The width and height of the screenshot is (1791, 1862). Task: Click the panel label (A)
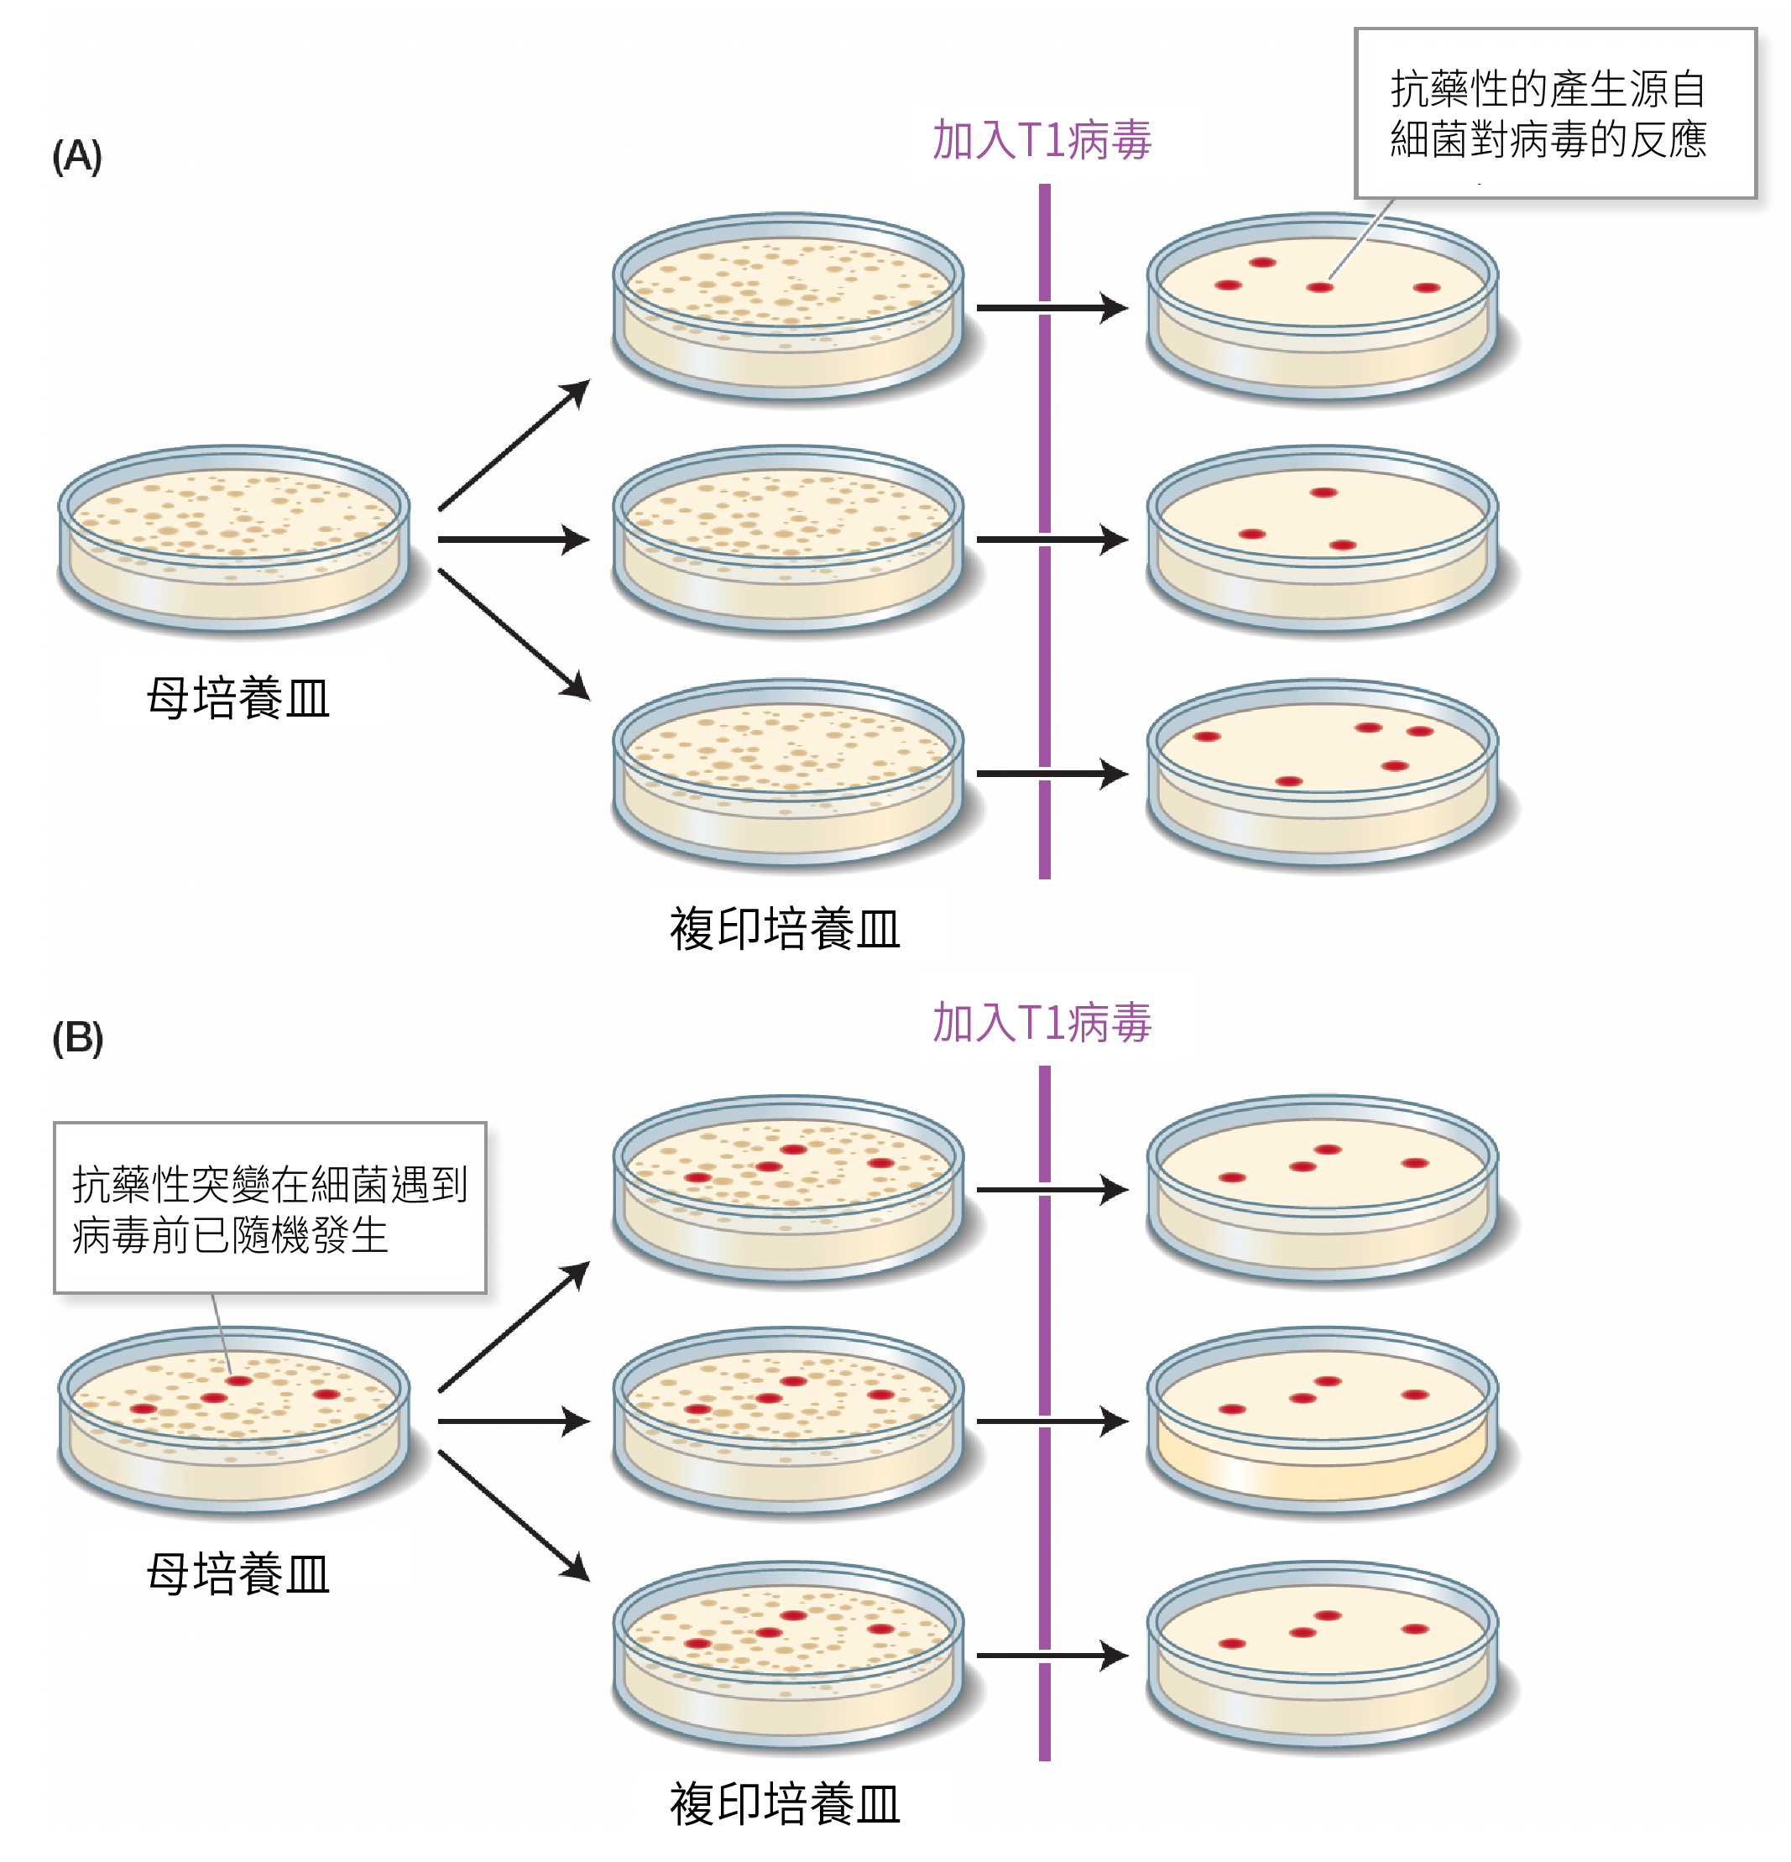point(77,156)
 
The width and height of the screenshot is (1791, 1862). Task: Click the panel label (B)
point(77,1037)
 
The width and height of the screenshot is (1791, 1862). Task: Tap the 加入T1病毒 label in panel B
point(1042,1023)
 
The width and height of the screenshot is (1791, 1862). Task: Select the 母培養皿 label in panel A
point(238,698)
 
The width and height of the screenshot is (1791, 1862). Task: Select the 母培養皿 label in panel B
point(238,1574)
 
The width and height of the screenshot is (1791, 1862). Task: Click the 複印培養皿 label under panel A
point(785,929)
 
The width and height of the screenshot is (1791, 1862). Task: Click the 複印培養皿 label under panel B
point(785,1804)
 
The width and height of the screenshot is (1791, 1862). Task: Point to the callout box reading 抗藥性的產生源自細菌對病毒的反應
point(1554,114)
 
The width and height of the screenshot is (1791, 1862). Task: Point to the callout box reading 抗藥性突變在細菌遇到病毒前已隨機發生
point(270,1207)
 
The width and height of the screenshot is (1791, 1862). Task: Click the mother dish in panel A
point(233,537)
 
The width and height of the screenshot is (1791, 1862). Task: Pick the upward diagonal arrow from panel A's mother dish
point(514,445)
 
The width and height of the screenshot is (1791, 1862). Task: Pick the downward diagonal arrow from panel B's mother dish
point(514,1515)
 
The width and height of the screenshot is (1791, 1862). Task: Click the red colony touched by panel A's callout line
point(1318,287)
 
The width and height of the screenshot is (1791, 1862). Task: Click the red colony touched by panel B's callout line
point(238,1380)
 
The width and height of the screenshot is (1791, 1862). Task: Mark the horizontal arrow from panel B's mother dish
point(513,1421)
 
